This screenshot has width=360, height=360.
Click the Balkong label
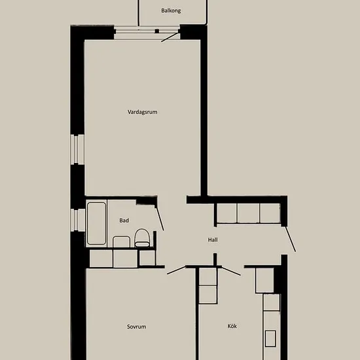[171, 10]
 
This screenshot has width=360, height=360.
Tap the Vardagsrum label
[142, 112]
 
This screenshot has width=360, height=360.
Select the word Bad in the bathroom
[124, 221]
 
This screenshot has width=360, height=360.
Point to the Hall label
[213, 240]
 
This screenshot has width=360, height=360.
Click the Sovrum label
[136, 327]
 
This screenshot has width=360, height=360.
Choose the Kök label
[232, 326]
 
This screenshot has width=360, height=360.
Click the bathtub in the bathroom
[96, 223]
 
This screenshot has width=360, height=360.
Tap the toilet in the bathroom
[142, 238]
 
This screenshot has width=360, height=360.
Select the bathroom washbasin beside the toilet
[121, 242]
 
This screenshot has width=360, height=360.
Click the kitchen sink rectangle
[270, 338]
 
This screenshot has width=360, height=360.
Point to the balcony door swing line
[170, 37]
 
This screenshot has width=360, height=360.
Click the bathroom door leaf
[160, 219]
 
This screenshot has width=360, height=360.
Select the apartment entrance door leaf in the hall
[291, 239]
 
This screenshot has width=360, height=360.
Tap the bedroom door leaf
[176, 270]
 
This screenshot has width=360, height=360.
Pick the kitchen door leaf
[231, 271]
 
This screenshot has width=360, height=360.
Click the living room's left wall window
[77, 149]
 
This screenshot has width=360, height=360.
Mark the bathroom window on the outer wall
[78, 220]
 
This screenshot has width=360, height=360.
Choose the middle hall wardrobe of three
[249, 213]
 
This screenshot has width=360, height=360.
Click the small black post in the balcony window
[157, 31]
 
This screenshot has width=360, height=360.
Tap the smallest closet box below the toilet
[147, 258]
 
